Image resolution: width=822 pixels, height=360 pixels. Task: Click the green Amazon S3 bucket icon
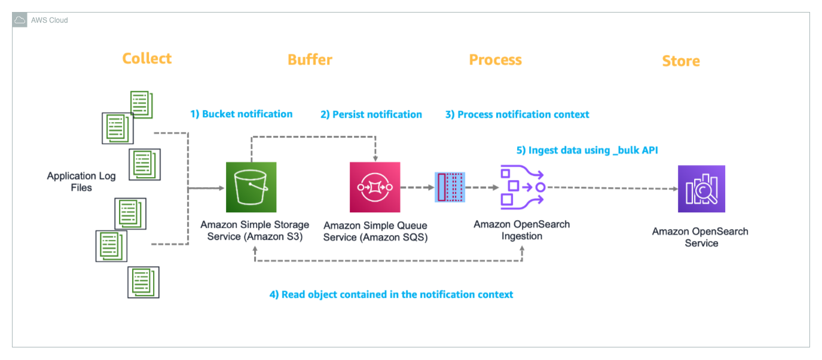(x=251, y=187)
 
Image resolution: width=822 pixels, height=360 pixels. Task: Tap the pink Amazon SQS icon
(x=374, y=187)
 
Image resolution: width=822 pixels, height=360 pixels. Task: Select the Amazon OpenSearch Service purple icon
(x=701, y=188)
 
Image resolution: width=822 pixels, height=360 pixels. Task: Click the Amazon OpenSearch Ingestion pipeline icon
(x=521, y=188)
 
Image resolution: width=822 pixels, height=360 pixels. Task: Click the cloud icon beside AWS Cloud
(x=20, y=20)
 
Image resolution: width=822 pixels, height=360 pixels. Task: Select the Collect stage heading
(x=146, y=59)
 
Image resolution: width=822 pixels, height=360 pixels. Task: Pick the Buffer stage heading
(x=310, y=60)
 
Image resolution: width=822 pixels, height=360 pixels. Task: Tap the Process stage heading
(x=495, y=60)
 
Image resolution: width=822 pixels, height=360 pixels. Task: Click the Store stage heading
(x=680, y=61)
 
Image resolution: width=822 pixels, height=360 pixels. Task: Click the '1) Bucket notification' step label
(x=241, y=114)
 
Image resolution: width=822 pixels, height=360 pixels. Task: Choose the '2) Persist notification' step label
(x=371, y=115)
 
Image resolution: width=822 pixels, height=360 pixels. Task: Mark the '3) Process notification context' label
(x=517, y=115)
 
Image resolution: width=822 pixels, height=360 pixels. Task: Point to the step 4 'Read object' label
(x=391, y=294)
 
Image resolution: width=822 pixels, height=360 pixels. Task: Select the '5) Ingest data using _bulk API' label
(x=586, y=151)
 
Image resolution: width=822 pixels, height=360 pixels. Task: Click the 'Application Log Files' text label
(x=81, y=182)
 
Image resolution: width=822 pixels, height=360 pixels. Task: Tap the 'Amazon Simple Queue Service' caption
(x=375, y=231)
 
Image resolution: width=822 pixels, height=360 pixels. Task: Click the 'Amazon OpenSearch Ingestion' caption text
(x=521, y=230)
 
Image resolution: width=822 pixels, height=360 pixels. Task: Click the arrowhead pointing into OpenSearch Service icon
(x=674, y=188)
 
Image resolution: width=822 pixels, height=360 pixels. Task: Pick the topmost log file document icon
(x=141, y=104)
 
